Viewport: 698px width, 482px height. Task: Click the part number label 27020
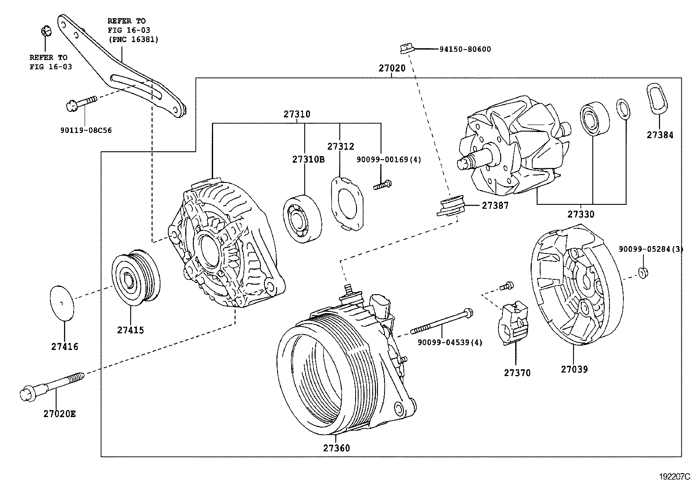coord(392,69)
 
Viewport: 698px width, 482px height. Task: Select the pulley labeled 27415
coord(135,277)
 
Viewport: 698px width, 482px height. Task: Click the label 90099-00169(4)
coord(388,160)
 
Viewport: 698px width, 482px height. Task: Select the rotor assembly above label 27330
coord(509,146)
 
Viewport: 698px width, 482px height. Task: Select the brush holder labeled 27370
coord(514,321)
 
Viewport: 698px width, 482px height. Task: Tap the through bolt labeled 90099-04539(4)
coord(440,322)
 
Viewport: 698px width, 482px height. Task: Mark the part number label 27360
coord(337,448)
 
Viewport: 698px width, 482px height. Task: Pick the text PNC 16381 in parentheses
coord(133,39)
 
